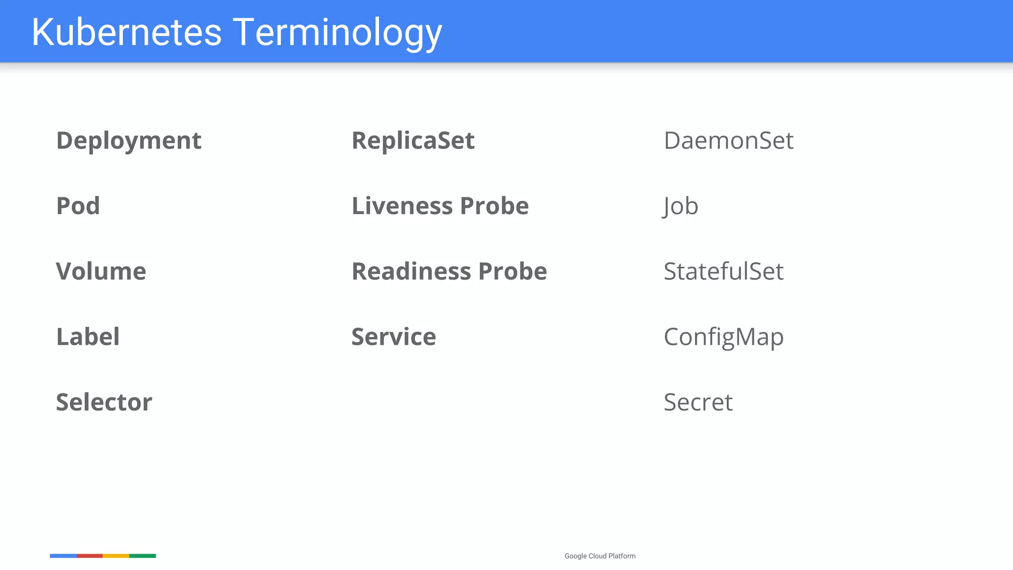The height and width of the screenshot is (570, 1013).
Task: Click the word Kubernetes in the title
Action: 127,33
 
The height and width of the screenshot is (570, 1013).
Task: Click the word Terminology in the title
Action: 337,33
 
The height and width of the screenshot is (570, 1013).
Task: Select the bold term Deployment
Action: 129,141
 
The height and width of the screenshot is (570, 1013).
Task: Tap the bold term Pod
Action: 78,206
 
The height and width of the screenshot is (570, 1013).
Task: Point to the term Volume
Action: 101,272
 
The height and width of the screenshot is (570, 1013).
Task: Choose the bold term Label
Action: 88,337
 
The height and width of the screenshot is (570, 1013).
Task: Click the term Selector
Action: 104,402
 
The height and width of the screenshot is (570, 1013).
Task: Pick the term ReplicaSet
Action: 413,141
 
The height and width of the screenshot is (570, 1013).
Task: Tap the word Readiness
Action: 411,272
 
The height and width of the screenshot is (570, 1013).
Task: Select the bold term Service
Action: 394,337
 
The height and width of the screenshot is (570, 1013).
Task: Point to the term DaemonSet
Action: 729,141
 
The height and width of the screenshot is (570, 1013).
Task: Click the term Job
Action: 681,206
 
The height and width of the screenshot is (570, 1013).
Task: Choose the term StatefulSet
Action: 724,272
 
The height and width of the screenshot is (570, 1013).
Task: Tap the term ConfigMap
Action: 724,337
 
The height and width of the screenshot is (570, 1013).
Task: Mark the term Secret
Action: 698,402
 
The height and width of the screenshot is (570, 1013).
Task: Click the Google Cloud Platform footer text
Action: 600,556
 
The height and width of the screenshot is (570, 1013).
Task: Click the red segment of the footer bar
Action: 90,556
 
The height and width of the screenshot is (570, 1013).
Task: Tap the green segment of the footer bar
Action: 142,556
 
